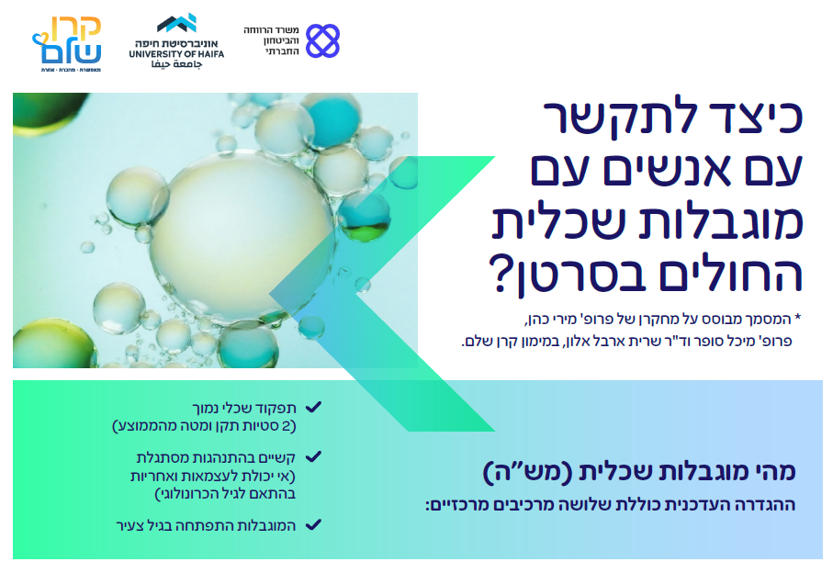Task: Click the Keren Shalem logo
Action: (67, 43)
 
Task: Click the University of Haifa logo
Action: (176, 41)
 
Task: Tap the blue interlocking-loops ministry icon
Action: (322, 40)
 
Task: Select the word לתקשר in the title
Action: (609, 118)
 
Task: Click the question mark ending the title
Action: (500, 274)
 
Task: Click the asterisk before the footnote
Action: (797, 318)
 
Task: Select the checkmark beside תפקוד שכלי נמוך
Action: (313, 408)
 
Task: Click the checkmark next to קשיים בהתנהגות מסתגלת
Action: (313, 456)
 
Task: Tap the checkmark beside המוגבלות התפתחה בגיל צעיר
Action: (313, 524)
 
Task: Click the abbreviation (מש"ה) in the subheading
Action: (527, 472)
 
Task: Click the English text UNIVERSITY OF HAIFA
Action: (176, 54)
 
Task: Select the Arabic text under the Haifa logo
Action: (176, 64)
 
